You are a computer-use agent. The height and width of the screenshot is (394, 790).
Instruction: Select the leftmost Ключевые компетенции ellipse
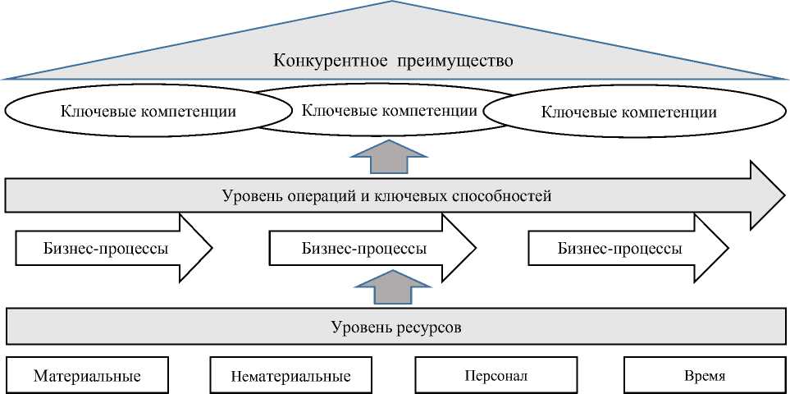tap(148, 111)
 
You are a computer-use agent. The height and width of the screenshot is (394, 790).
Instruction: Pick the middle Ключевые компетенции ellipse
tap(390, 109)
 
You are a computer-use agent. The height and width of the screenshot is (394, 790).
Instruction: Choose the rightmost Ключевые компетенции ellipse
tap(629, 112)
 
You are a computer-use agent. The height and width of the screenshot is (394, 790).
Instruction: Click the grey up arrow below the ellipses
tap(389, 155)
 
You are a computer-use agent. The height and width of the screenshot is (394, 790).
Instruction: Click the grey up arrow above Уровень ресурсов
tap(389, 289)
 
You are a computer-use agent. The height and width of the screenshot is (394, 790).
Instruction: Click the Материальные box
tap(87, 376)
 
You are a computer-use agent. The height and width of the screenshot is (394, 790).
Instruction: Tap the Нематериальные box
tap(291, 376)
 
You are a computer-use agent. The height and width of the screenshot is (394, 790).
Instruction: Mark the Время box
tap(704, 376)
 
